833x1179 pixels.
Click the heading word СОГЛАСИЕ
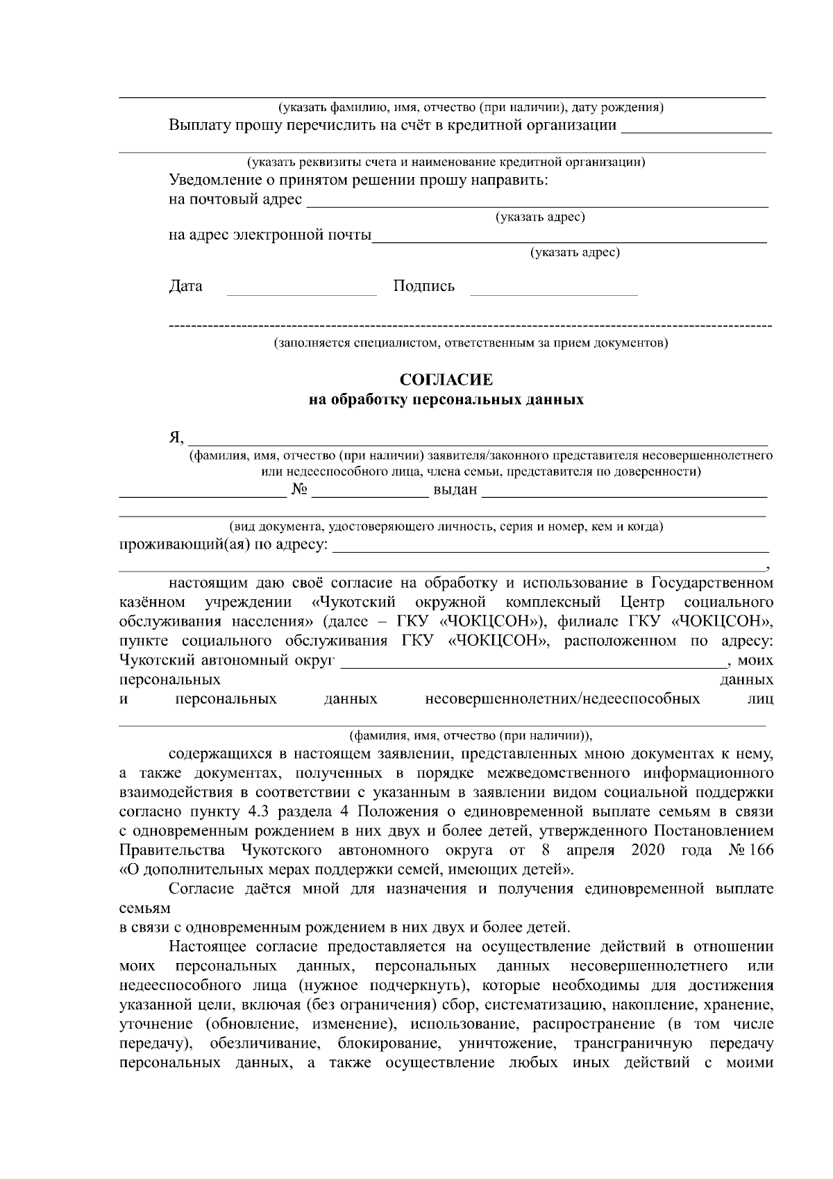click(x=446, y=380)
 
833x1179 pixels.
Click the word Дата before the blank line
click(x=185, y=286)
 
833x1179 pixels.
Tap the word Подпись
click(x=423, y=286)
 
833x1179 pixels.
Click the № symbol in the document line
click(x=300, y=490)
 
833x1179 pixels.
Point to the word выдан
click(x=455, y=490)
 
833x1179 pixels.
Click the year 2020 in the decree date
click(x=648, y=851)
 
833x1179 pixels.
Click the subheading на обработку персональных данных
click(x=446, y=400)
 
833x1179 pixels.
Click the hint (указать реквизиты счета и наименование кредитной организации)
click(x=446, y=162)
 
